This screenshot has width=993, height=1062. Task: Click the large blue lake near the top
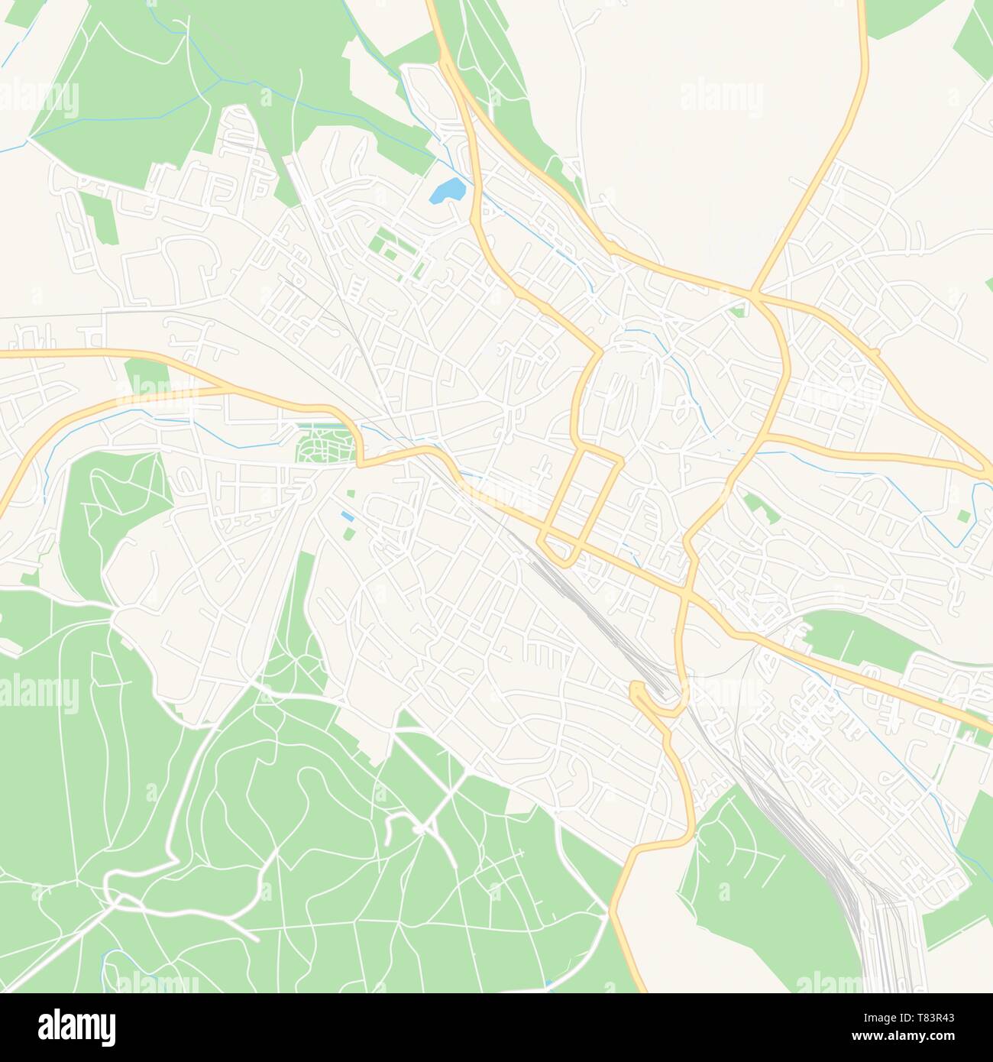click(447, 190)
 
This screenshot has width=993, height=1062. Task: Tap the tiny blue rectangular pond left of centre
click(348, 517)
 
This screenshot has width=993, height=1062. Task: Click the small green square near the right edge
click(964, 516)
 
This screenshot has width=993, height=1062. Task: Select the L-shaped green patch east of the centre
click(758, 507)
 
